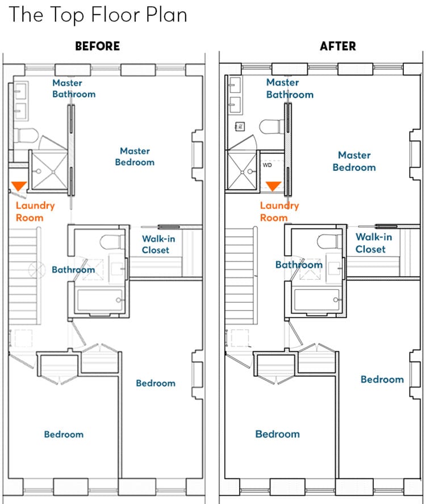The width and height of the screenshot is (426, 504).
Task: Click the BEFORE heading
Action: click(98, 46)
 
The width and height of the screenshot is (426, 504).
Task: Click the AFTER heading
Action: click(338, 46)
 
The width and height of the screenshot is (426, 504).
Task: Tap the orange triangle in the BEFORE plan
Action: click(19, 186)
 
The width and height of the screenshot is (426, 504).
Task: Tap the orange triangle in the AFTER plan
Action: click(273, 186)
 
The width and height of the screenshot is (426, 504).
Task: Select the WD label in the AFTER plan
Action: click(268, 165)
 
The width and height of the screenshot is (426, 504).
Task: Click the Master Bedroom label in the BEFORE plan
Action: click(135, 157)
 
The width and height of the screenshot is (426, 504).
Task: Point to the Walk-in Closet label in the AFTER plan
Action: click(374, 243)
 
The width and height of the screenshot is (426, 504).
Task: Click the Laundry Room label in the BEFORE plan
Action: click(35, 212)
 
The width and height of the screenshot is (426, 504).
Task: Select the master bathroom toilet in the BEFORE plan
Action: click(26, 136)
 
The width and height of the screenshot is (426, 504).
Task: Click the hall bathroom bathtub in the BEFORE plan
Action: click(100, 300)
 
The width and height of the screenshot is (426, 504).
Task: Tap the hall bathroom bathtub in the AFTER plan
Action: click(317, 300)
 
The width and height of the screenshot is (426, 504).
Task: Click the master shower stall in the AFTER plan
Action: click(242, 170)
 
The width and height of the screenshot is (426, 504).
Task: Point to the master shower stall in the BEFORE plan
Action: click(49, 170)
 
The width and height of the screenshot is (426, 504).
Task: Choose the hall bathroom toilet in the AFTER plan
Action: click(328, 242)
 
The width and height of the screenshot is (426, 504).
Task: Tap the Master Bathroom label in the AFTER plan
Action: click(290, 89)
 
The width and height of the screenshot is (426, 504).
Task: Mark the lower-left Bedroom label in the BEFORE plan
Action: click(64, 434)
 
